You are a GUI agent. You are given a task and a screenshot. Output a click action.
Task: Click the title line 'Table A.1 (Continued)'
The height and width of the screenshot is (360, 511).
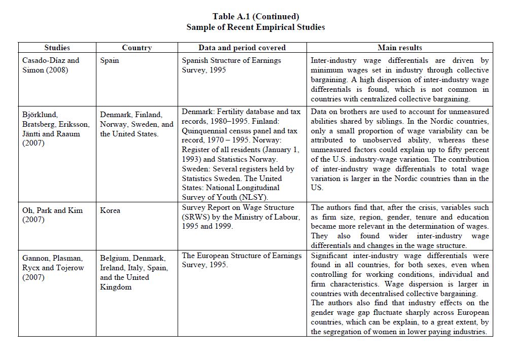click(255, 16)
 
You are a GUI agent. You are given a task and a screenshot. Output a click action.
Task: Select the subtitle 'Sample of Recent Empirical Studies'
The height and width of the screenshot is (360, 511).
click(255, 27)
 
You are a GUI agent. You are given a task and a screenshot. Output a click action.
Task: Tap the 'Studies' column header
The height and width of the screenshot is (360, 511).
click(57, 48)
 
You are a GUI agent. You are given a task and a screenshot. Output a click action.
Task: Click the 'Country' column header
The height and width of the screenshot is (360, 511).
click(137, 48)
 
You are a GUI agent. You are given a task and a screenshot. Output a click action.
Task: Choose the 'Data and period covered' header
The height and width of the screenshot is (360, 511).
click(242, 48)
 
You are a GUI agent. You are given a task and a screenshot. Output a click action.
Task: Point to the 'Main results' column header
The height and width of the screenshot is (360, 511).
click(399, 48)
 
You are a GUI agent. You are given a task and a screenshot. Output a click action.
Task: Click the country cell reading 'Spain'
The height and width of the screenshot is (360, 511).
click(110, 60)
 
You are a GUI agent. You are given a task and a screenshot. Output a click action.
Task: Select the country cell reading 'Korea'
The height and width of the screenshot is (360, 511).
click(110, 210)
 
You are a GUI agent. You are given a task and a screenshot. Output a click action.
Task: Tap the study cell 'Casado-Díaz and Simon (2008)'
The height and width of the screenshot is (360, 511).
click(51, 65)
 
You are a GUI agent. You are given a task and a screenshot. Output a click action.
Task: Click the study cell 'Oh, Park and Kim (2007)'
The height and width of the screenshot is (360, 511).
click(52, 214)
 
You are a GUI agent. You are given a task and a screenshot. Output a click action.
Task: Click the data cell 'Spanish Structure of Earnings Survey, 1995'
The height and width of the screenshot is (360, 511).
click(231, 65)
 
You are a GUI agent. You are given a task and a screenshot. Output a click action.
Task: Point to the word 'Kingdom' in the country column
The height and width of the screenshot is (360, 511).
click(116, 287)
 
